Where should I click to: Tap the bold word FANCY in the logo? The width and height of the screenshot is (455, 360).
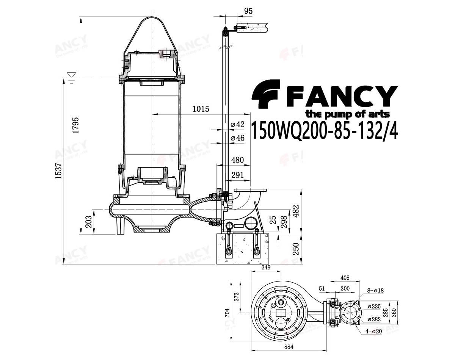coord(341,96)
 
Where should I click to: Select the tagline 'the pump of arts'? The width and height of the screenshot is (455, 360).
coord(348,114)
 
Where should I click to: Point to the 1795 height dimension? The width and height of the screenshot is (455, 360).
coord(75,125)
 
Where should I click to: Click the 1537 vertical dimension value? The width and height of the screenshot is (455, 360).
coord(58,171)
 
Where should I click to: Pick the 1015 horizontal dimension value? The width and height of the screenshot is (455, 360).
coord(201,109)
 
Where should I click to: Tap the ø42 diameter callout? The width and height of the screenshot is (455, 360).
coord(237,124)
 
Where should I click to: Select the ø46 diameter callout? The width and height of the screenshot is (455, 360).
coord(237,138)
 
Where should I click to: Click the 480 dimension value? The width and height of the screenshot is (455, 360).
coord(237,160)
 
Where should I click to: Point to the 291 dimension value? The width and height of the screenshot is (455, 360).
coord(237,175)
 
